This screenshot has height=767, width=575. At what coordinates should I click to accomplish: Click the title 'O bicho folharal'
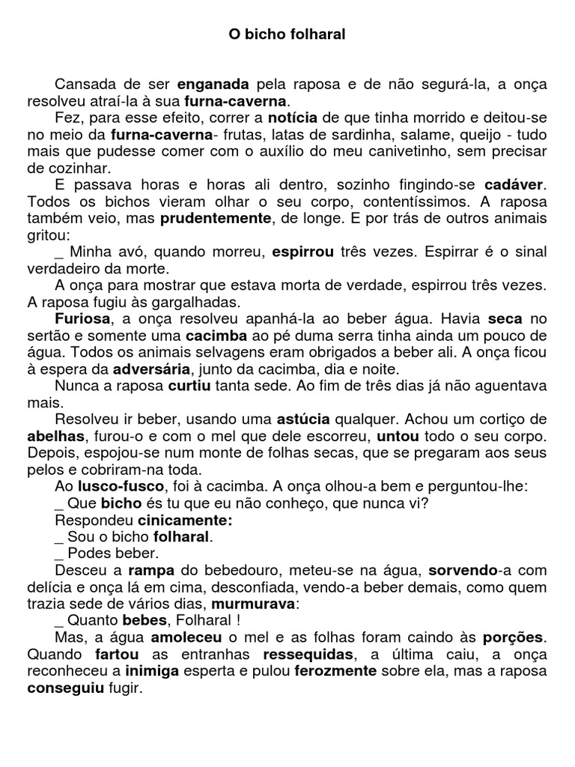click(287, 34)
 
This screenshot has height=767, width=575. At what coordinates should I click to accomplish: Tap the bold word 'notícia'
click(293, 118)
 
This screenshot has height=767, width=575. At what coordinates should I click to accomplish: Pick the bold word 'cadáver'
click(516, 184)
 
